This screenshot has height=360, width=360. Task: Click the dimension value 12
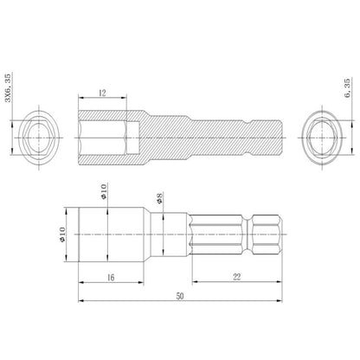(102, 93)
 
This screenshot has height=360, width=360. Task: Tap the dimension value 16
(111, 278)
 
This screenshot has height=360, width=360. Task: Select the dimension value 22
(237, 277)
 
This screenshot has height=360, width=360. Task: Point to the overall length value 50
(180, 296)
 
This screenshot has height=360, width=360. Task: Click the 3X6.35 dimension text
(8, 87)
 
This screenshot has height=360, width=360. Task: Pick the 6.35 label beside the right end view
(347, 87)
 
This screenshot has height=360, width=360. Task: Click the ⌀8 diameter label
(159, 198)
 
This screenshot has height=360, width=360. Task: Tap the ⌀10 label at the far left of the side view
(62, 235)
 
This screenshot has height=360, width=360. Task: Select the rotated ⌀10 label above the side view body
(104, 191)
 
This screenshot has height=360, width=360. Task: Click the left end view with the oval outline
(39, 138)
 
